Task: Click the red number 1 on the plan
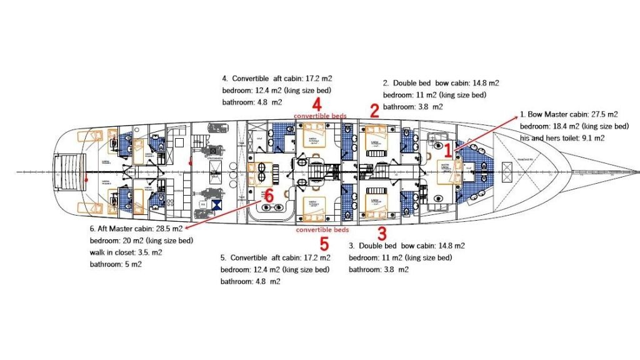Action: (447, 150)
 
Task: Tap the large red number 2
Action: (374, 111)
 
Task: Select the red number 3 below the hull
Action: (382, 234)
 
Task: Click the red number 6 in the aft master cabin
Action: (269, 195)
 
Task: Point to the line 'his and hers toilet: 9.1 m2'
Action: (562, 137)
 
